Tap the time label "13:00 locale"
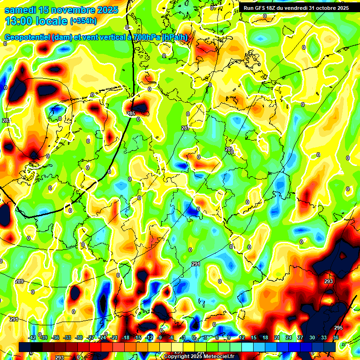point(36,21)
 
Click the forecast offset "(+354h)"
point(83,21)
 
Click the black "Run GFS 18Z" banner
point(296,7)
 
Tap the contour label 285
point(131,113)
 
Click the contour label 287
point(185,128)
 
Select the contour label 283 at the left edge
point(6,121)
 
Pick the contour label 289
point(19,281)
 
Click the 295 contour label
point(338,328)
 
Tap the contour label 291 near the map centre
point(196,264)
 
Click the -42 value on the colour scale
point(32,337)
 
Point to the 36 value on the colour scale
point(336,337)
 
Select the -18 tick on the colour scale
point(126,337)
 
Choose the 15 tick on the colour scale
point(254,337)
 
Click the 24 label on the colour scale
point(289,337)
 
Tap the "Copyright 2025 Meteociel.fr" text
point(199,356)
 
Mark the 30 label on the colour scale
point(312,337)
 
